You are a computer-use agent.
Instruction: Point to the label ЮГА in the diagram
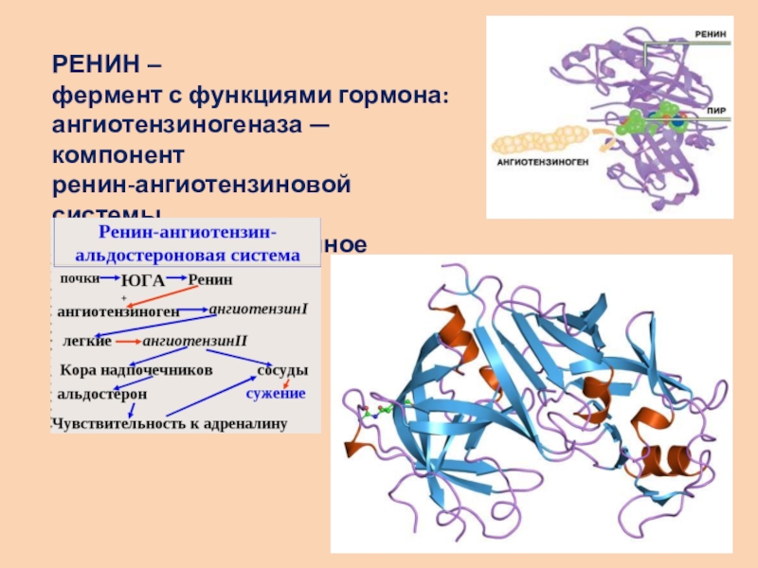coord(143,279)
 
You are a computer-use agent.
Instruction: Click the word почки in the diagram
coord(80,278)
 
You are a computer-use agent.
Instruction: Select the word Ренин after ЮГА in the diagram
coord(210,279)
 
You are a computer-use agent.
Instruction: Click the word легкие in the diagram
coord(86,340)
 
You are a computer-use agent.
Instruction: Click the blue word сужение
coord(276,393)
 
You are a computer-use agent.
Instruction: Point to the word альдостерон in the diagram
coord(101,393)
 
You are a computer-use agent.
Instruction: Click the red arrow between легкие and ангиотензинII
coord(127,341)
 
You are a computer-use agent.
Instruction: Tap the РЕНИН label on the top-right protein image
coord(711,33)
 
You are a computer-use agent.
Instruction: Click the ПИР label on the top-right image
coord(716,110)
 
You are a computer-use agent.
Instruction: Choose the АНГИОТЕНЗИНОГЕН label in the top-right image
coord(543,162)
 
